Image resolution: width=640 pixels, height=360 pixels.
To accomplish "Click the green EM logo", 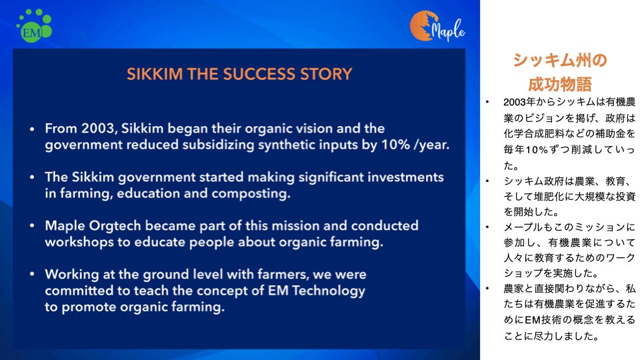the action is pyautogui.click(x=34, y=25).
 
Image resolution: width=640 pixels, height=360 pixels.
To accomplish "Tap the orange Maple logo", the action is pyautogui.click(x=437, y=26).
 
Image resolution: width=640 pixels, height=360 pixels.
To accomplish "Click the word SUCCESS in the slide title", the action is pyautogui.click(x=259, y=74).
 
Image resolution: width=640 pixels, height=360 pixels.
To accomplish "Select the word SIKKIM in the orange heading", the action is pyautogui.click(x=155, y=74).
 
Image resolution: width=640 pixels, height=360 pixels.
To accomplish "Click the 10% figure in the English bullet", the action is pyautogui.click(x=395, y=145).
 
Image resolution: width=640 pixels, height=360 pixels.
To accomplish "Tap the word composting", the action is pyautogui.click(x=251, y=194).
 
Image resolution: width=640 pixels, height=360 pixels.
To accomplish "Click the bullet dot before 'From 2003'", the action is pyautogui.click(x=32, y=129).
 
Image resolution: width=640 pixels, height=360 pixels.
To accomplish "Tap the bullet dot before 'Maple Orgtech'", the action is pyautogui.click(x=32, y=227).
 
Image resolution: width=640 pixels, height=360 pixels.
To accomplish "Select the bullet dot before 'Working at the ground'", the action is pyautogui.click(x=32, y=275).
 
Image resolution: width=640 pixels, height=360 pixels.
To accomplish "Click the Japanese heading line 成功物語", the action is pyautogui.click(x=559, y=85).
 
